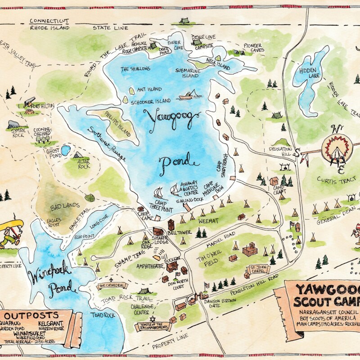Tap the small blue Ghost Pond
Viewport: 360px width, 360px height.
coord(66,150)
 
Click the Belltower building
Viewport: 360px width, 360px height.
coord(171,225)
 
